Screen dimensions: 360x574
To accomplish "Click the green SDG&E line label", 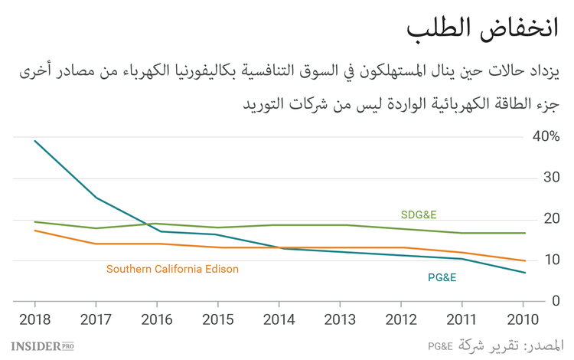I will click(419, 214).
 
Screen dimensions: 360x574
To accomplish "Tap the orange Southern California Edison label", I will click(172, 269).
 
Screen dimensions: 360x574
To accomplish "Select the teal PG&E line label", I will click(442, 277).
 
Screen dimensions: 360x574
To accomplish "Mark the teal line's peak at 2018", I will click(34, 140).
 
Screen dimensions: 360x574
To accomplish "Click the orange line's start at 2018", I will click(34, 230).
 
